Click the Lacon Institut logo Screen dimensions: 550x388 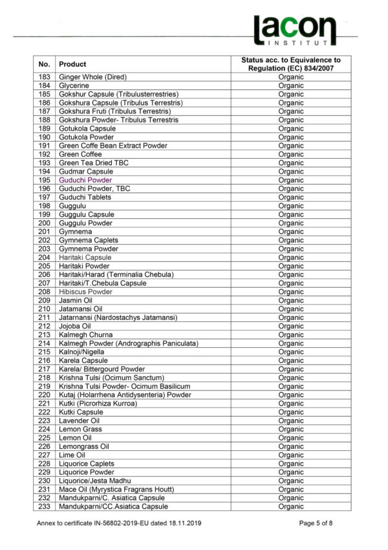(x=294, y=30)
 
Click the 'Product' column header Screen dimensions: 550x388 (x=72, y=64)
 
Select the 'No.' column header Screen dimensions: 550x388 (x=44, y=64)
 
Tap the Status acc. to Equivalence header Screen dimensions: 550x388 (x=290, y=64)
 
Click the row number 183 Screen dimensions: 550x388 (x=44, y=77)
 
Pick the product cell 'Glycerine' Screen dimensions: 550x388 (x=74, y=86)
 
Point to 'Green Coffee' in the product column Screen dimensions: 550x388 (x=80, y=154)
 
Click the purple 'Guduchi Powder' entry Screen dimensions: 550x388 (x=85, y=180)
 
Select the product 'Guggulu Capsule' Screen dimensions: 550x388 (x=87, y=214)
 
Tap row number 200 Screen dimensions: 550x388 (x=44, y=223)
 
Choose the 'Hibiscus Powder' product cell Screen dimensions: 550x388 (x=85, y=292)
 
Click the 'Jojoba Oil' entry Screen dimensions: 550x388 (x=75, y=326)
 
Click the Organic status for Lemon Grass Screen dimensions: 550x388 (x=290, y=429)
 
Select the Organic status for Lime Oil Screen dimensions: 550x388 (x=290, y=455)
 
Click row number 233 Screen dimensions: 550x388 (x=44, y=507)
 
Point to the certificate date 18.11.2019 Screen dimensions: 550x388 (x=184, y=522)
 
